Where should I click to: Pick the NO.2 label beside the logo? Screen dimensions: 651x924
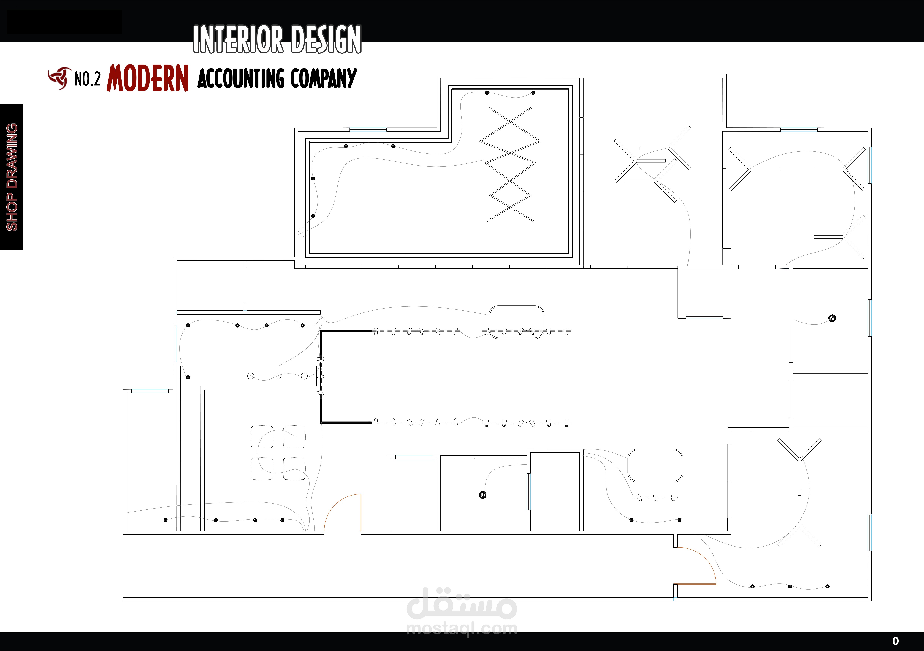pos(87,78)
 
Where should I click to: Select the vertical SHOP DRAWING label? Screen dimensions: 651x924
pos(12,177)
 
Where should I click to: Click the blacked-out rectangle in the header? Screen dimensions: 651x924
pos(64,22)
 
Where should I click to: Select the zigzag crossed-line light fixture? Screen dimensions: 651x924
pos(510,164)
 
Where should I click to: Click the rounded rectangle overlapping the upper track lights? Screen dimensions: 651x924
pos(516,322)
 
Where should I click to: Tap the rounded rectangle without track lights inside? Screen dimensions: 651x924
pos(655,466)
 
